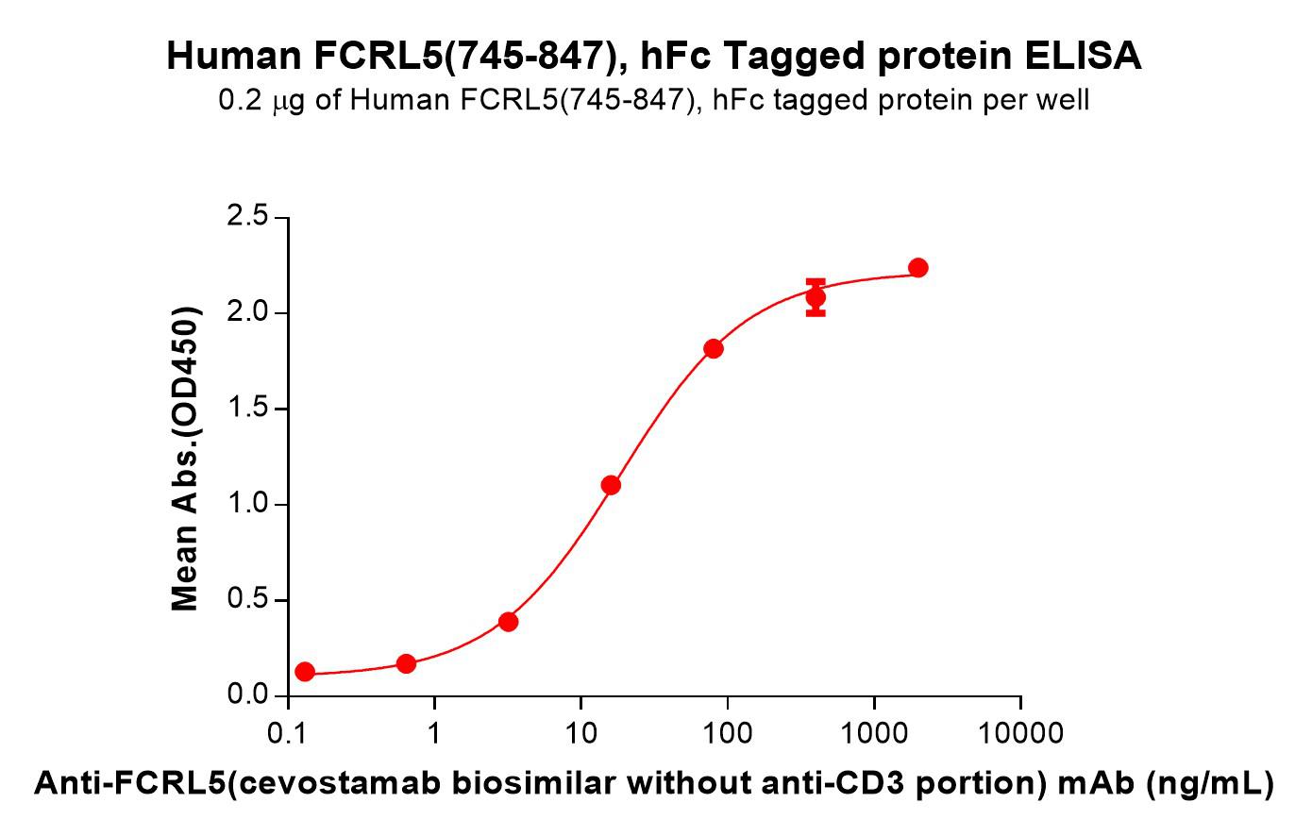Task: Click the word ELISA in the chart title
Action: (1083, 57)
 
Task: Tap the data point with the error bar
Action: (816, 297)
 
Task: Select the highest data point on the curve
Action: (917, 268)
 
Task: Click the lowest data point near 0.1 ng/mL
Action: (305, 672)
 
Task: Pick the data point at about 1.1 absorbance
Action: (611, 485)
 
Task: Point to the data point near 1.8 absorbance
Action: (713, 349)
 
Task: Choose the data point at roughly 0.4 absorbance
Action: (509, 622)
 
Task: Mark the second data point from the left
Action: (406, 664)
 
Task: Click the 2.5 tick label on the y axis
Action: (247, 217)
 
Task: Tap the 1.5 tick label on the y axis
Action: (247, 408)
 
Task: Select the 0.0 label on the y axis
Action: (247, 694)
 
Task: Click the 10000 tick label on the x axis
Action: (1020, 733)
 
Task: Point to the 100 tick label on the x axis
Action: (728, 733)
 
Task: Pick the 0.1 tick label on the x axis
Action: (287, 733)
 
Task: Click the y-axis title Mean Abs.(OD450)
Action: (185, 459)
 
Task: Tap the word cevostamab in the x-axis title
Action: (341, 783)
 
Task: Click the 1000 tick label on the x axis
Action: (874, 733)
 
